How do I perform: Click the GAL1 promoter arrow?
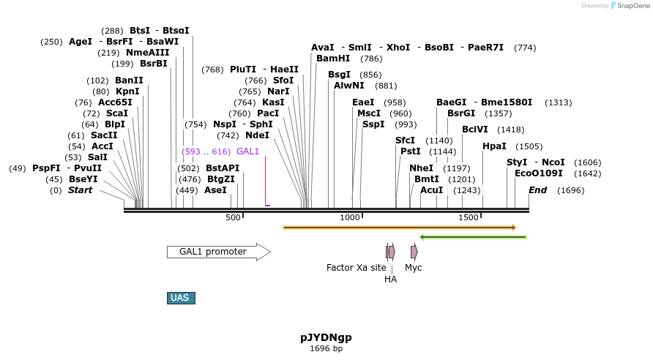point(218,252)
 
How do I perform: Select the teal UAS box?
point(181,298)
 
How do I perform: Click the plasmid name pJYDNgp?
point(326,337)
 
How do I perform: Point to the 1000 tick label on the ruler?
point(351,217)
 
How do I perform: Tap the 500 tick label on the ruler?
point(233,217)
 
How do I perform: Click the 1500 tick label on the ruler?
point(469,217)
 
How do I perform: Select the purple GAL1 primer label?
point(247,151)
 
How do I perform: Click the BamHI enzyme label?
point(333,59)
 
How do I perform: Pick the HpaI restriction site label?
point(494,146)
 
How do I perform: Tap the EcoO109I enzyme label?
point(538,173)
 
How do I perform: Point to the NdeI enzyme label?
point(257,135)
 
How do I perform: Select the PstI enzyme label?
point(410,151)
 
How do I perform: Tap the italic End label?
point(538,190)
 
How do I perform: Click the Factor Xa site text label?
point(356,268)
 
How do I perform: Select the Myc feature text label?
point(414,268)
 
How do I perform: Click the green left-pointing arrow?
point(473,236)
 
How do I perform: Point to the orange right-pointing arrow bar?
point(400,228)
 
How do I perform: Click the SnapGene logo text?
point(630,6)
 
